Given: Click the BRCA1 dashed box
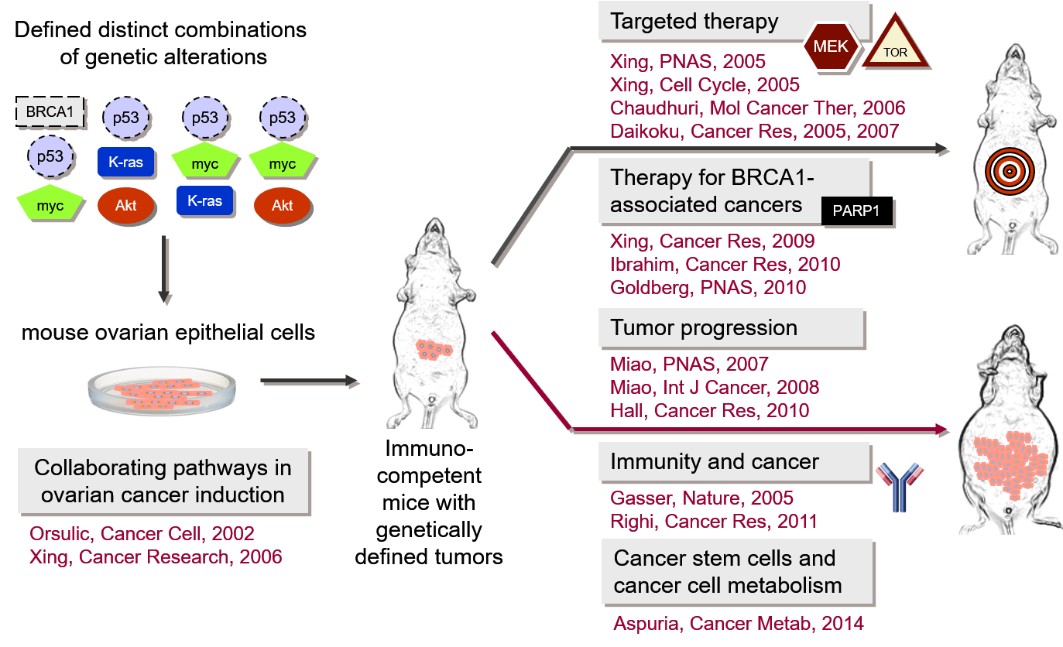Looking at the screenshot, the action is point(50,112).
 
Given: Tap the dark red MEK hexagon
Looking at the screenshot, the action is point(831,46).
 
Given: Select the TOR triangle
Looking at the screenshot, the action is point(895,42).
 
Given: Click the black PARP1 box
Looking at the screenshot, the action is point(856,211).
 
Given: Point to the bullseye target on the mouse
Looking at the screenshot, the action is point(1010,172).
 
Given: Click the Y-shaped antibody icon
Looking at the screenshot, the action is point(900,487).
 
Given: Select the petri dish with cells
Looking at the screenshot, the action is point(162,391).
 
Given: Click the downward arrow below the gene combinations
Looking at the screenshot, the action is point(164,269).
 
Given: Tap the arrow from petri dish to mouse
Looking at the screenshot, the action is point(309,381).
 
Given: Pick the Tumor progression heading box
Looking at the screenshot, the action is point(732,328).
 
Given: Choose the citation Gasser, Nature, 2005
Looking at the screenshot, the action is point(701,498).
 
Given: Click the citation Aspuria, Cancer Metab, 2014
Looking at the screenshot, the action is point(739,623).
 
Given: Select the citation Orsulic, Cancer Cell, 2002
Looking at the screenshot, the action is point(142,534).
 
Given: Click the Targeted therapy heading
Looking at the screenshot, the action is point(694,22).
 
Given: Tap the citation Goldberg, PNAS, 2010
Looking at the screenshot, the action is point(708,287).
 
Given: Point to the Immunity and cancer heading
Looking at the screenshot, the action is point(715,461).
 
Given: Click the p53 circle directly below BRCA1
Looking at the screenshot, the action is point(50,156).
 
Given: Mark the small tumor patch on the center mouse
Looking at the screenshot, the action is point(434,350).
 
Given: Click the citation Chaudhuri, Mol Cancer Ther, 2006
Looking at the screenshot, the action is point(757,108).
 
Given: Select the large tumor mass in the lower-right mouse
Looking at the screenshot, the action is point(1010,465).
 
